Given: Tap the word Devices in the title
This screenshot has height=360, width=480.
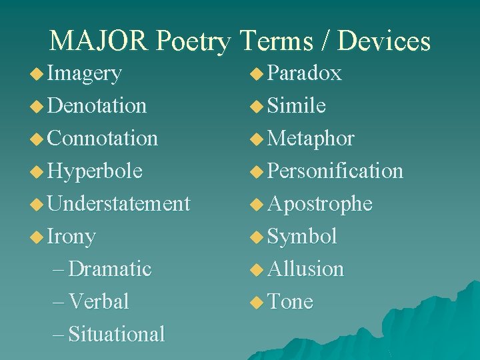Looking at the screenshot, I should tap(385, 41).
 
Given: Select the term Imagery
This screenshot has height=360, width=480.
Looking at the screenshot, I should tap(85, 73).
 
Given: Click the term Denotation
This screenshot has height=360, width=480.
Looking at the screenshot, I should tap(97, 105).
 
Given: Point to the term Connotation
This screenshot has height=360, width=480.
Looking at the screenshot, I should tap(103, 138).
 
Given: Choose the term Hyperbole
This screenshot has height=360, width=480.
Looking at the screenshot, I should tap(95, 171).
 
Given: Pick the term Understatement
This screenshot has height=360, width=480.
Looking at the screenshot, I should tap(119, 203).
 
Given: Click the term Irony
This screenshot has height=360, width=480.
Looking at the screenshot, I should tap(72, 236).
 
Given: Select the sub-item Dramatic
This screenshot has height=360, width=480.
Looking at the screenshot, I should tap(110, 269).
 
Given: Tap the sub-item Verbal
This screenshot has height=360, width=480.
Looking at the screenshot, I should tap(99, 301).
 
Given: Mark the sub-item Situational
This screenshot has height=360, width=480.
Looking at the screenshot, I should tap(117, 334).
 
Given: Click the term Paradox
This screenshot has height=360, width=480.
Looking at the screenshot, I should tap(305, 73).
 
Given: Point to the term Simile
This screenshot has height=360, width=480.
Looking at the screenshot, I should tap(297, 105).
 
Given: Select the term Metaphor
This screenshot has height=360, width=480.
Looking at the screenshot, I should tap(311, 138).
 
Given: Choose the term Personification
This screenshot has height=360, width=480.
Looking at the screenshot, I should tap(335, 171).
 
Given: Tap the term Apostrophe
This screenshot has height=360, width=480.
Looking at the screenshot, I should tap(320, 203).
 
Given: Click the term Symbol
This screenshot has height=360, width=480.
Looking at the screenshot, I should tap(302, 236).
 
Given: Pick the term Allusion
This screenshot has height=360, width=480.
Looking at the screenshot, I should tap(306, 269).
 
